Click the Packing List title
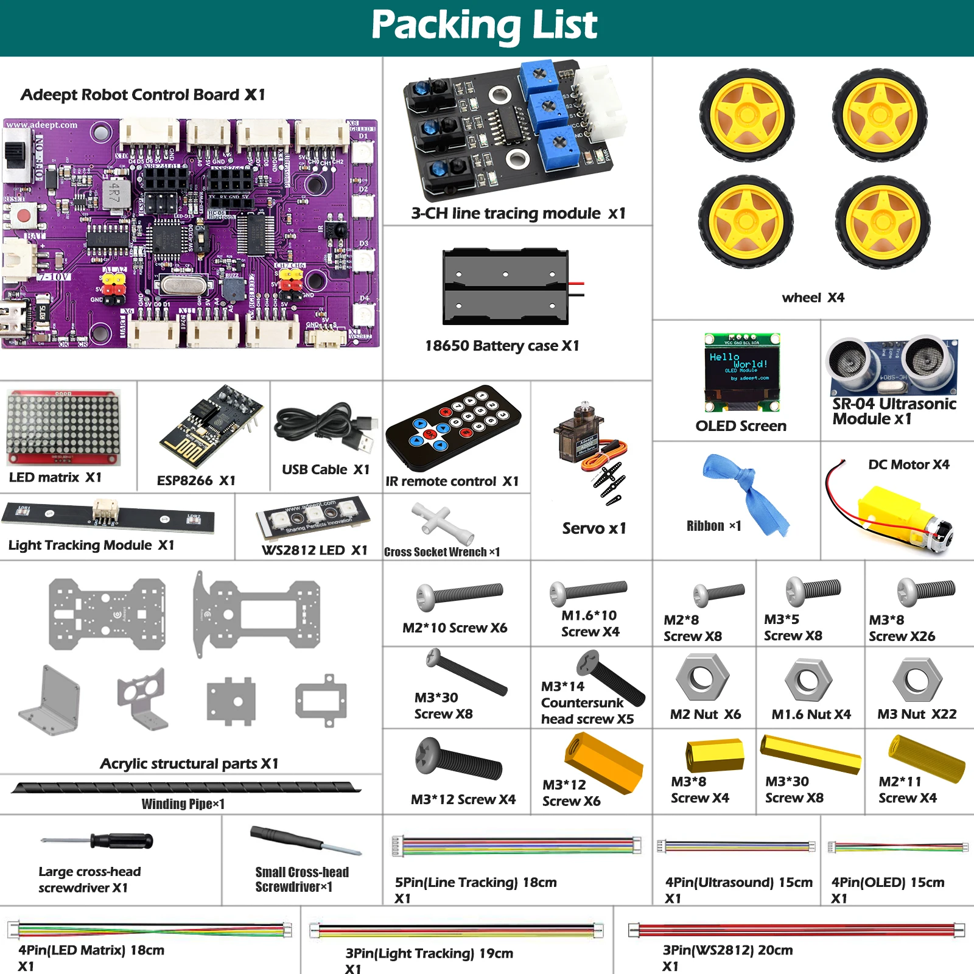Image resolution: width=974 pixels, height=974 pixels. click(485, 26)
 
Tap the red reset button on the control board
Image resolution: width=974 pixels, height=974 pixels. click(24, 215)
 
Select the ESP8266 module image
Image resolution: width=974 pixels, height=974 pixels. click(210, 426)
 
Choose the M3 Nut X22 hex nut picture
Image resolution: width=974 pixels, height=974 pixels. click(917, 679)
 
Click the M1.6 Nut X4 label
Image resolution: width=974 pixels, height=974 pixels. click(811, 714)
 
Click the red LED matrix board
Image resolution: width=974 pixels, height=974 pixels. click(63, 428)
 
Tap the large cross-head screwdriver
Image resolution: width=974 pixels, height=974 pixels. click(97, 841)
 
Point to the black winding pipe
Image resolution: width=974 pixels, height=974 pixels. click(186, 788)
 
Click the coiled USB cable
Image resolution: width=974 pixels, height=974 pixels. click(326, 426)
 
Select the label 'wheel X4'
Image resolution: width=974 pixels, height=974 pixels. click(813, 298)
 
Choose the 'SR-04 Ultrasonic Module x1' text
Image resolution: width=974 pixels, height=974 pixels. click(893, 412)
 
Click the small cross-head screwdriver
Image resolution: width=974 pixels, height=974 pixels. click(304, 841)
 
